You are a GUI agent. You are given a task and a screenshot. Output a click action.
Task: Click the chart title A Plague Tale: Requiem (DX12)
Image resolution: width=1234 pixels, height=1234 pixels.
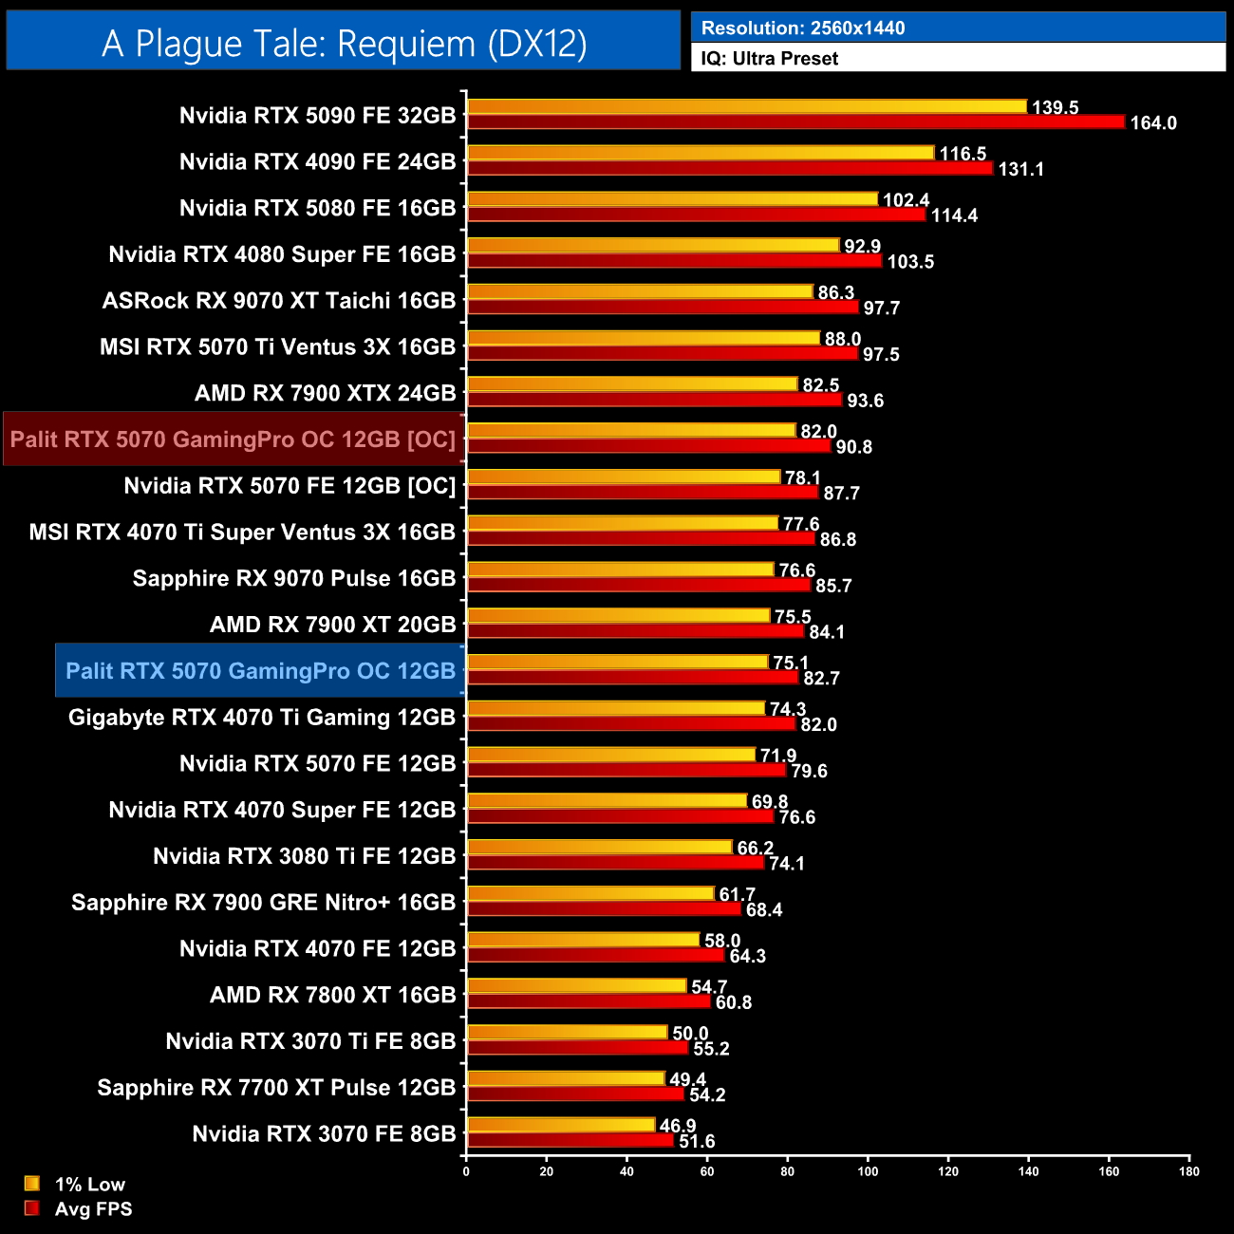(x=344, y=43)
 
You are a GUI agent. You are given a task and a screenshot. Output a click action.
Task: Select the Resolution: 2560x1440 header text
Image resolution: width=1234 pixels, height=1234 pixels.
(x=803, y=28)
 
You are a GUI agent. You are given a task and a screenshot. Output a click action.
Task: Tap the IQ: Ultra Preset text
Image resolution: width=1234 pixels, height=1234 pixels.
(x=770, y=59)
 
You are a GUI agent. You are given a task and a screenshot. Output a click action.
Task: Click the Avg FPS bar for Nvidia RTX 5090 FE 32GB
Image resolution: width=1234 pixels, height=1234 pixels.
(x=795, y=122)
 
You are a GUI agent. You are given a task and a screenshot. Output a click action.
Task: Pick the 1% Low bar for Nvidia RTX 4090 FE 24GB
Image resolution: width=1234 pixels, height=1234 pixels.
(x=701, y=153)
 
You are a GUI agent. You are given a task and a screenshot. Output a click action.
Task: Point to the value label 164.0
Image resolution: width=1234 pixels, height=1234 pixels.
(x=1152, y=123)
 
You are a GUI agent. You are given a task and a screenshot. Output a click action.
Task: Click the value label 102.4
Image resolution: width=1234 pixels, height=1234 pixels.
(x=906, y=200)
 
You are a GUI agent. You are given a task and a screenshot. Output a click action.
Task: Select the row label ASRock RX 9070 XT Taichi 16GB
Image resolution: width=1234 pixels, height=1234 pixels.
(x=279, y=301)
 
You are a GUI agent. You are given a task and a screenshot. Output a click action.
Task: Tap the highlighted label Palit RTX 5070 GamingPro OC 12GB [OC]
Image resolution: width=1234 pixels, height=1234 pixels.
(x=234, y=439)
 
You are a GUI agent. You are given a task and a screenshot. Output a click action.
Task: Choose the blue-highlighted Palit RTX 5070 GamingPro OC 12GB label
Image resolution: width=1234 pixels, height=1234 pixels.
(x=260, y=671)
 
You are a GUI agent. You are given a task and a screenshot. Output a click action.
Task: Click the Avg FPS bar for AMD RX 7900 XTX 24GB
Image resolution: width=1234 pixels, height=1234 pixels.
(x=654, y=400)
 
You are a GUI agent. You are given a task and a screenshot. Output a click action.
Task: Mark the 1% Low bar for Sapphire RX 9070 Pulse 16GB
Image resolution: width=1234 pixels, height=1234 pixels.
(x=621, y=570)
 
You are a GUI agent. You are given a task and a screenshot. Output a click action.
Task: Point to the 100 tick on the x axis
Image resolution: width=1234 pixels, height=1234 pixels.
(x=868, y=1171)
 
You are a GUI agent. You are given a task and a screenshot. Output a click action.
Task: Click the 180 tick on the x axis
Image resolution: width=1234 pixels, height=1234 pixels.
(x=1189, y=1171)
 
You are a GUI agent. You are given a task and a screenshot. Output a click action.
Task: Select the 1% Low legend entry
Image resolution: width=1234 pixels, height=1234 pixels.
(x=76, y=1184)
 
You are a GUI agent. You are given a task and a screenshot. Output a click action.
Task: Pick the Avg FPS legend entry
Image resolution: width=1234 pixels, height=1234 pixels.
(x=80, y=1208)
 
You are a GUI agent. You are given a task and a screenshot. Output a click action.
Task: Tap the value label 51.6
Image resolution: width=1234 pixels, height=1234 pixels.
(x=697, y=1141)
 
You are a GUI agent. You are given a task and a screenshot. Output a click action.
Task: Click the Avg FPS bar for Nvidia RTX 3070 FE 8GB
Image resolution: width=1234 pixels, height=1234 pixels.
(x=570, y=1140)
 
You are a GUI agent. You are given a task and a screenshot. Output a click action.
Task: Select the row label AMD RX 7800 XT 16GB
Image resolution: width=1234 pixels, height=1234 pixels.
(x=332, y=995)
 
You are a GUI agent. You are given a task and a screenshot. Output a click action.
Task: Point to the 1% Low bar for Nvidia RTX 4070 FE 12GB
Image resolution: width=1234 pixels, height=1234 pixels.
(x=584, y=940)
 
